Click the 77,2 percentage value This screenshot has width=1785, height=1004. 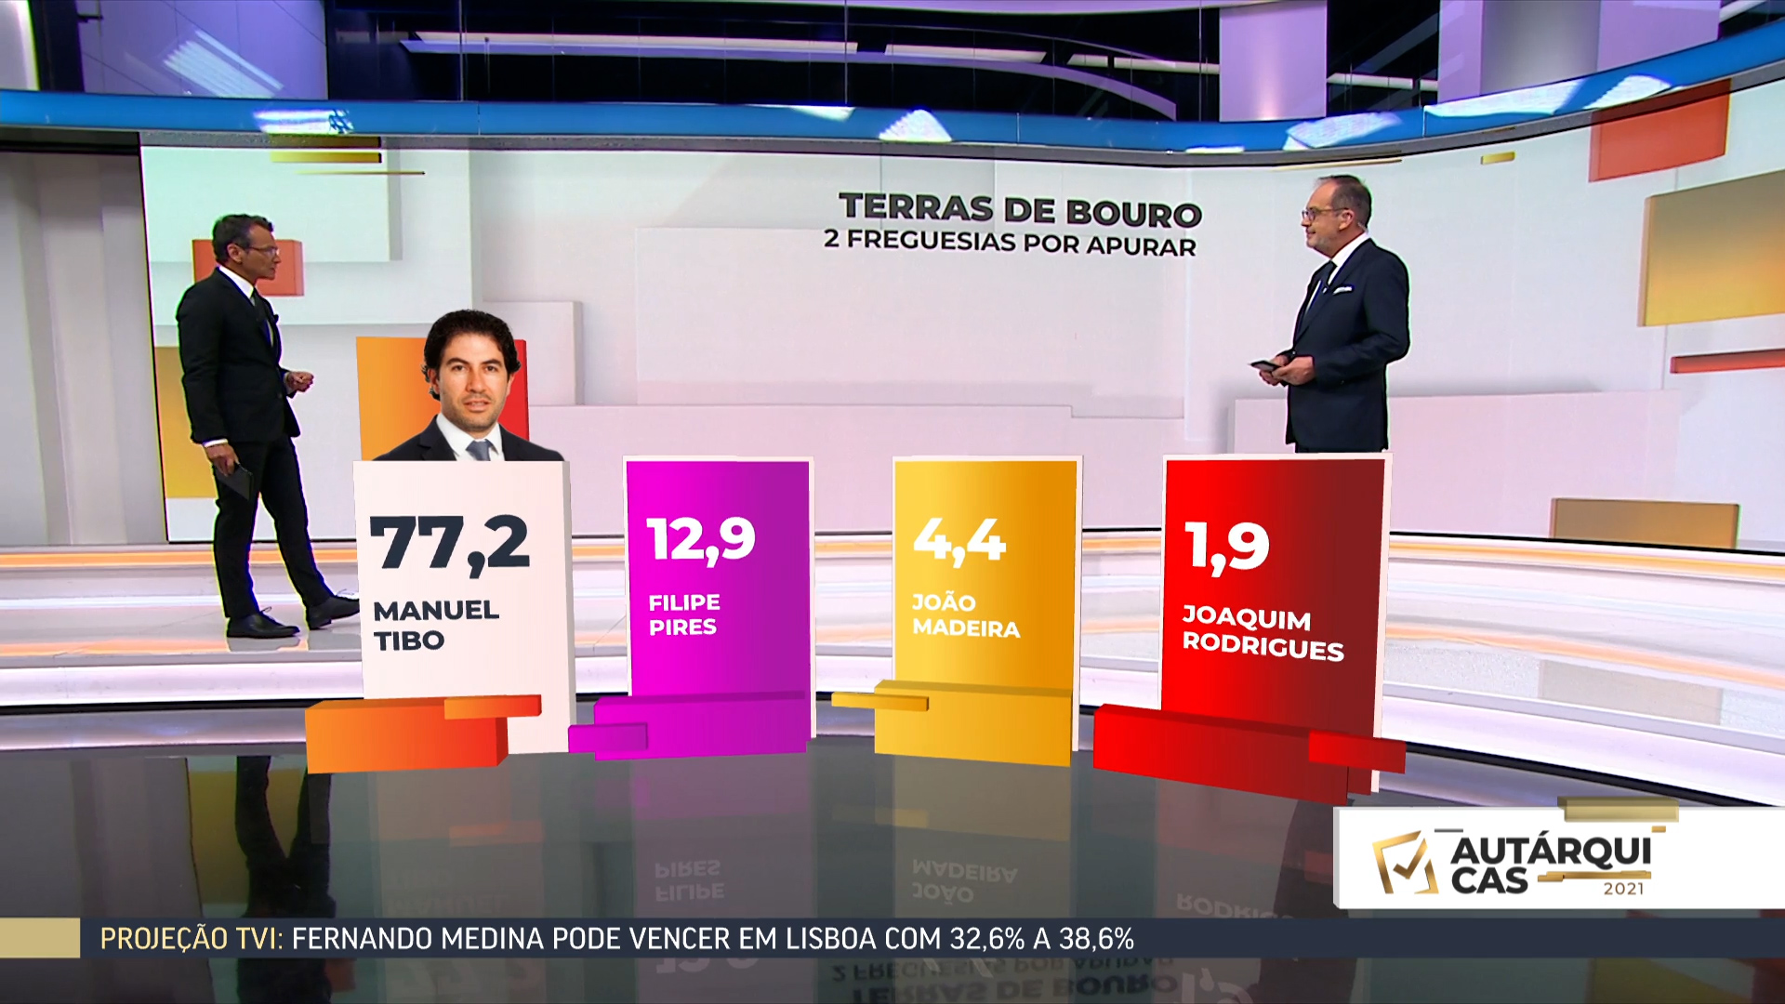click(450, 542)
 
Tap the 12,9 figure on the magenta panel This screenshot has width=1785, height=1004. click(701, 539)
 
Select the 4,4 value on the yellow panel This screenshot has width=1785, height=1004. click(959, 540)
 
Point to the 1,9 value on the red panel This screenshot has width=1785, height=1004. click(1227, 546)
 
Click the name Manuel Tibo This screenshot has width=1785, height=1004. click(435, 625)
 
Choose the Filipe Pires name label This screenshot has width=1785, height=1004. click(684, 614)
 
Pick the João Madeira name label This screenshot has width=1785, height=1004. click(965, 615)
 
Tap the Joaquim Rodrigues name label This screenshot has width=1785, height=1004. click(1263, 633)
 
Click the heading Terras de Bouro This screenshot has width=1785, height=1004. click(1020, 209)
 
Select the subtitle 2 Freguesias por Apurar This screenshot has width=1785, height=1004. click(1010, 243)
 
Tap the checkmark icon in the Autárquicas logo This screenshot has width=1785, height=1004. click(1405, 862)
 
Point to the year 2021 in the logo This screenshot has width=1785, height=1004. click(1623, 889)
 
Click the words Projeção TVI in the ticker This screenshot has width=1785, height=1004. click(191, 939)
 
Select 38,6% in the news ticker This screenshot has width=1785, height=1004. click(1096, 939)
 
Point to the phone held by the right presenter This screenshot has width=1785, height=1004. click(1264, 365)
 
